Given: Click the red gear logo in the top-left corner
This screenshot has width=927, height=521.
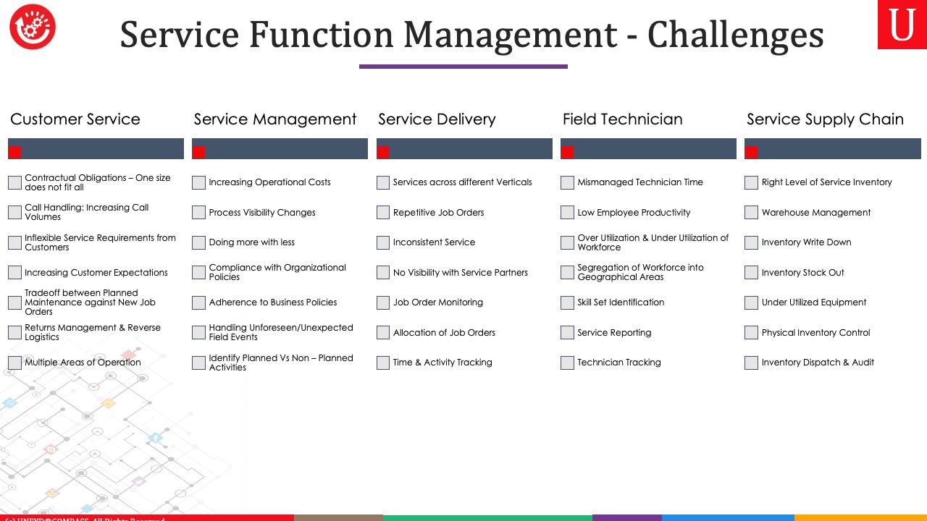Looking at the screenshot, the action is click(x=33, y=27).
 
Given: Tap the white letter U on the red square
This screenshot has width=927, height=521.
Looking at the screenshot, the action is click(x=902, y=25).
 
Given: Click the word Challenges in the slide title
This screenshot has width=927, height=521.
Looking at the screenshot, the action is click(x=735, y=35).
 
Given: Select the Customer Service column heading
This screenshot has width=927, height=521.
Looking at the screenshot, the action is click(x=75, y=119).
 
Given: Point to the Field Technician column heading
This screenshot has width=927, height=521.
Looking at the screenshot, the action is click(x=622, y=119).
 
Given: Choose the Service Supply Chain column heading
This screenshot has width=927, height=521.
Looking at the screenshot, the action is click(x=825, y=119).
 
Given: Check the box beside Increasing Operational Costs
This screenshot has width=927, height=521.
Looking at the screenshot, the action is click(x=198, y=182).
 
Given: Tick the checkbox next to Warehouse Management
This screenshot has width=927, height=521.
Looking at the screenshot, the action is click(x=751, y=213).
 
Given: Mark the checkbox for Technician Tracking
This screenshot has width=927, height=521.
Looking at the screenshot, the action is click(x=567, y=363).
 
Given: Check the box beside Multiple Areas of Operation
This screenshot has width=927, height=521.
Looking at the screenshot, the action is click(x=15, y=363).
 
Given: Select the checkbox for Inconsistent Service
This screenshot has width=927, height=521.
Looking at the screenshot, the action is click(x=383, y=242).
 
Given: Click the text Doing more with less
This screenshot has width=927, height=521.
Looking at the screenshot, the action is click(x=251, y=242).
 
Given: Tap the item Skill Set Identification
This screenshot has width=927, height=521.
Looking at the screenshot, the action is click(x=621, y=302).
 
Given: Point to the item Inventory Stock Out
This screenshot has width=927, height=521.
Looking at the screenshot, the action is click(x=803, y=273).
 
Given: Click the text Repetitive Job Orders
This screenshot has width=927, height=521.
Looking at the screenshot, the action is click(x=438, y=213).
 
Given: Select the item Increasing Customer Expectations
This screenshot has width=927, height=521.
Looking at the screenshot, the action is click(x=96, y=273).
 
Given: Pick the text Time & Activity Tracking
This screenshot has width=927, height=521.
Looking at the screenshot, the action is click(x=442, y=363).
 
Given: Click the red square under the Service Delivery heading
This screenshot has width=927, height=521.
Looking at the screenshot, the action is click(x=383, y=153).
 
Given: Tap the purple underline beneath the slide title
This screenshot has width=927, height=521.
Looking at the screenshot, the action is click(x=463, y=67).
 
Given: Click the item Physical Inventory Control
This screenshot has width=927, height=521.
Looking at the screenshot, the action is click(x=815, y=333).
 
